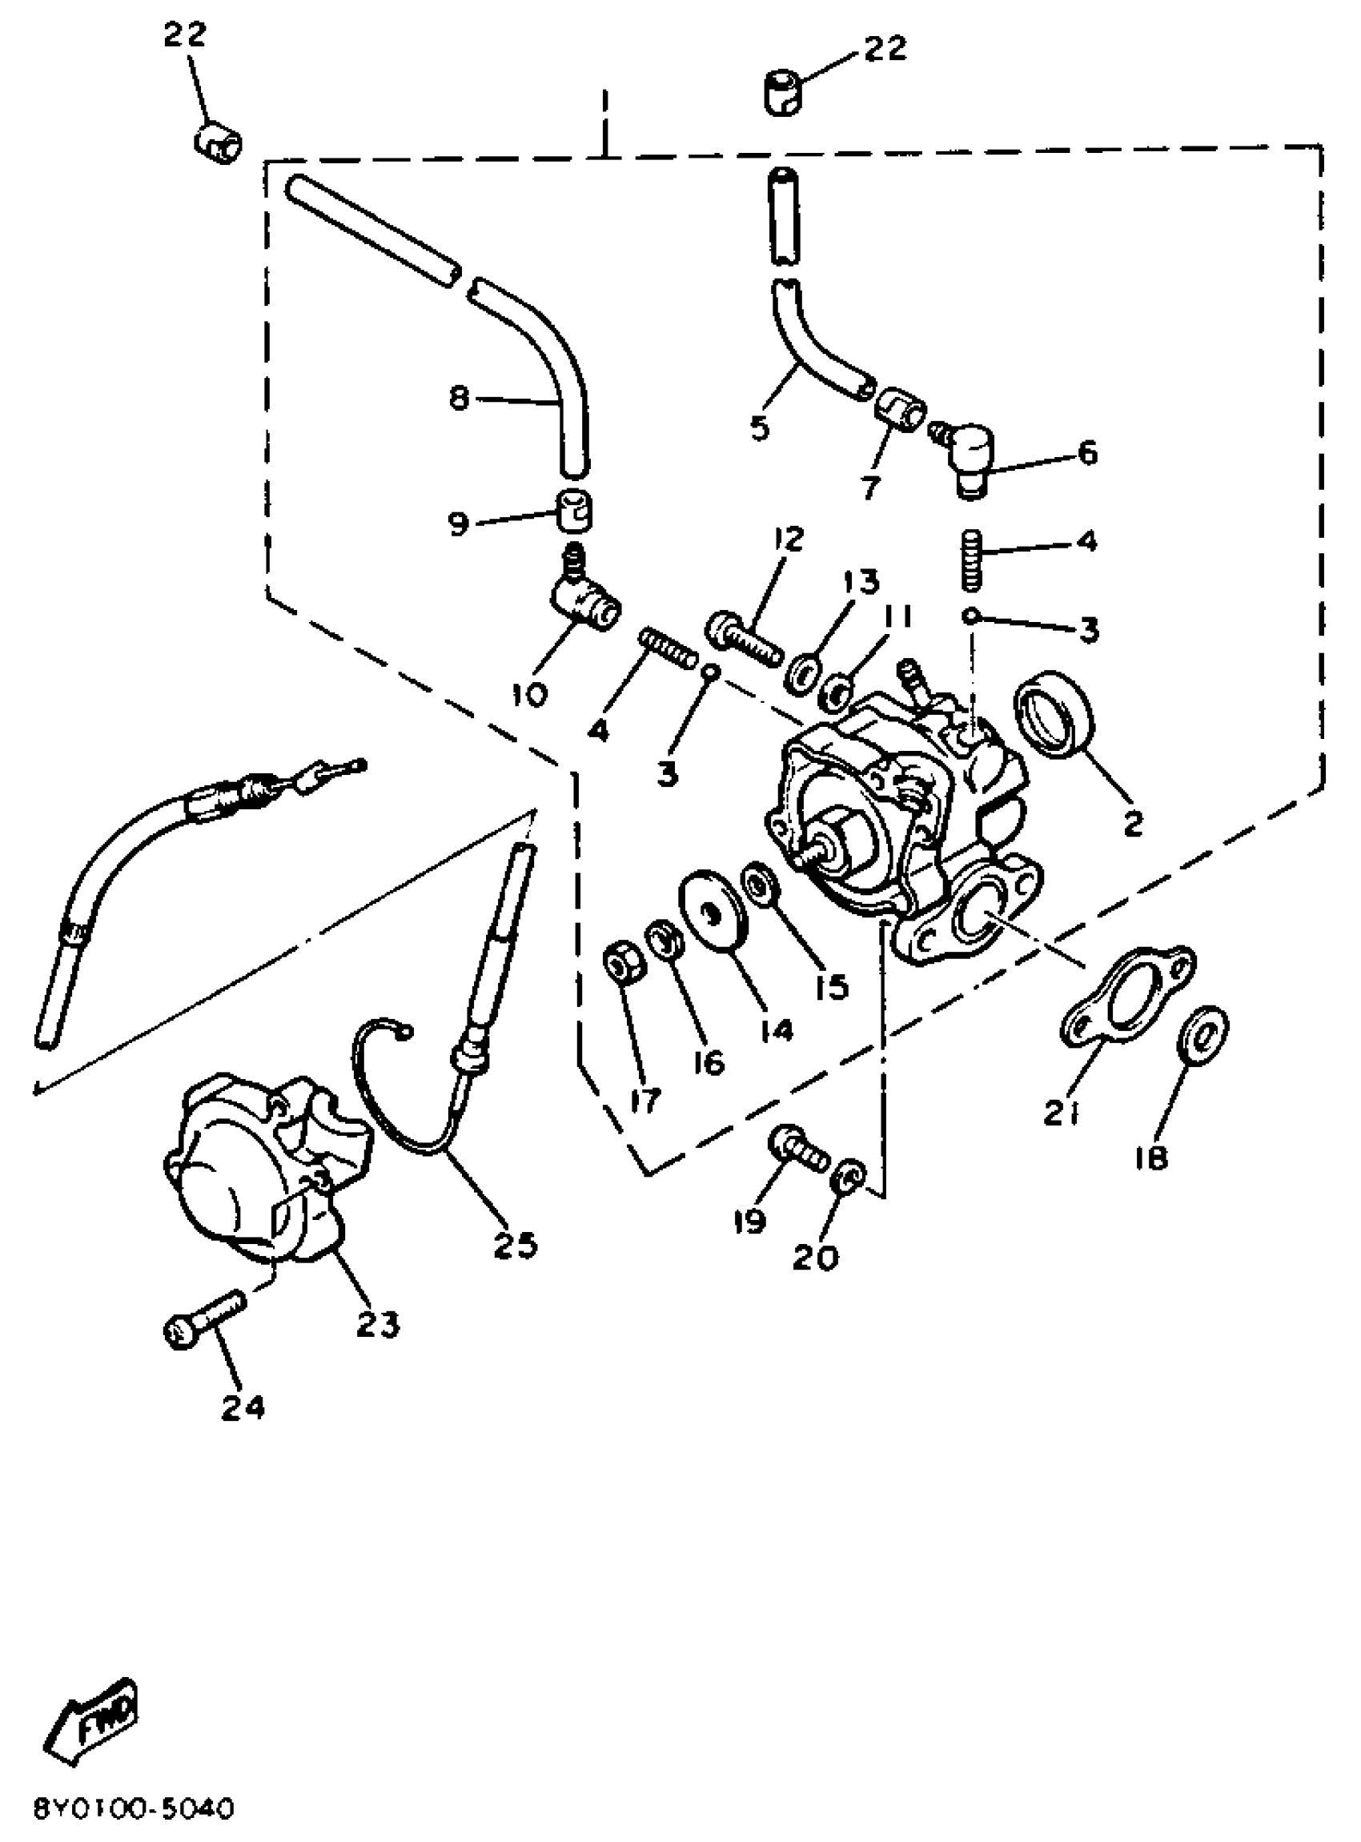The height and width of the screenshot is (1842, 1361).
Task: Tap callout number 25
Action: click(516, 1245)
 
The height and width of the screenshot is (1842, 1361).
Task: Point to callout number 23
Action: click(377, 1324)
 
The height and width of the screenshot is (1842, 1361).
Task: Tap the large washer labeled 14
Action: click(712, 908)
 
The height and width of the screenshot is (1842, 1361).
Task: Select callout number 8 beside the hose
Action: click(458, 399)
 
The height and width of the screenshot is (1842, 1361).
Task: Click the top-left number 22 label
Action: click(185, 35)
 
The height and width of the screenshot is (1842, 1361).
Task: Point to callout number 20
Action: click(816, 1257)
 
